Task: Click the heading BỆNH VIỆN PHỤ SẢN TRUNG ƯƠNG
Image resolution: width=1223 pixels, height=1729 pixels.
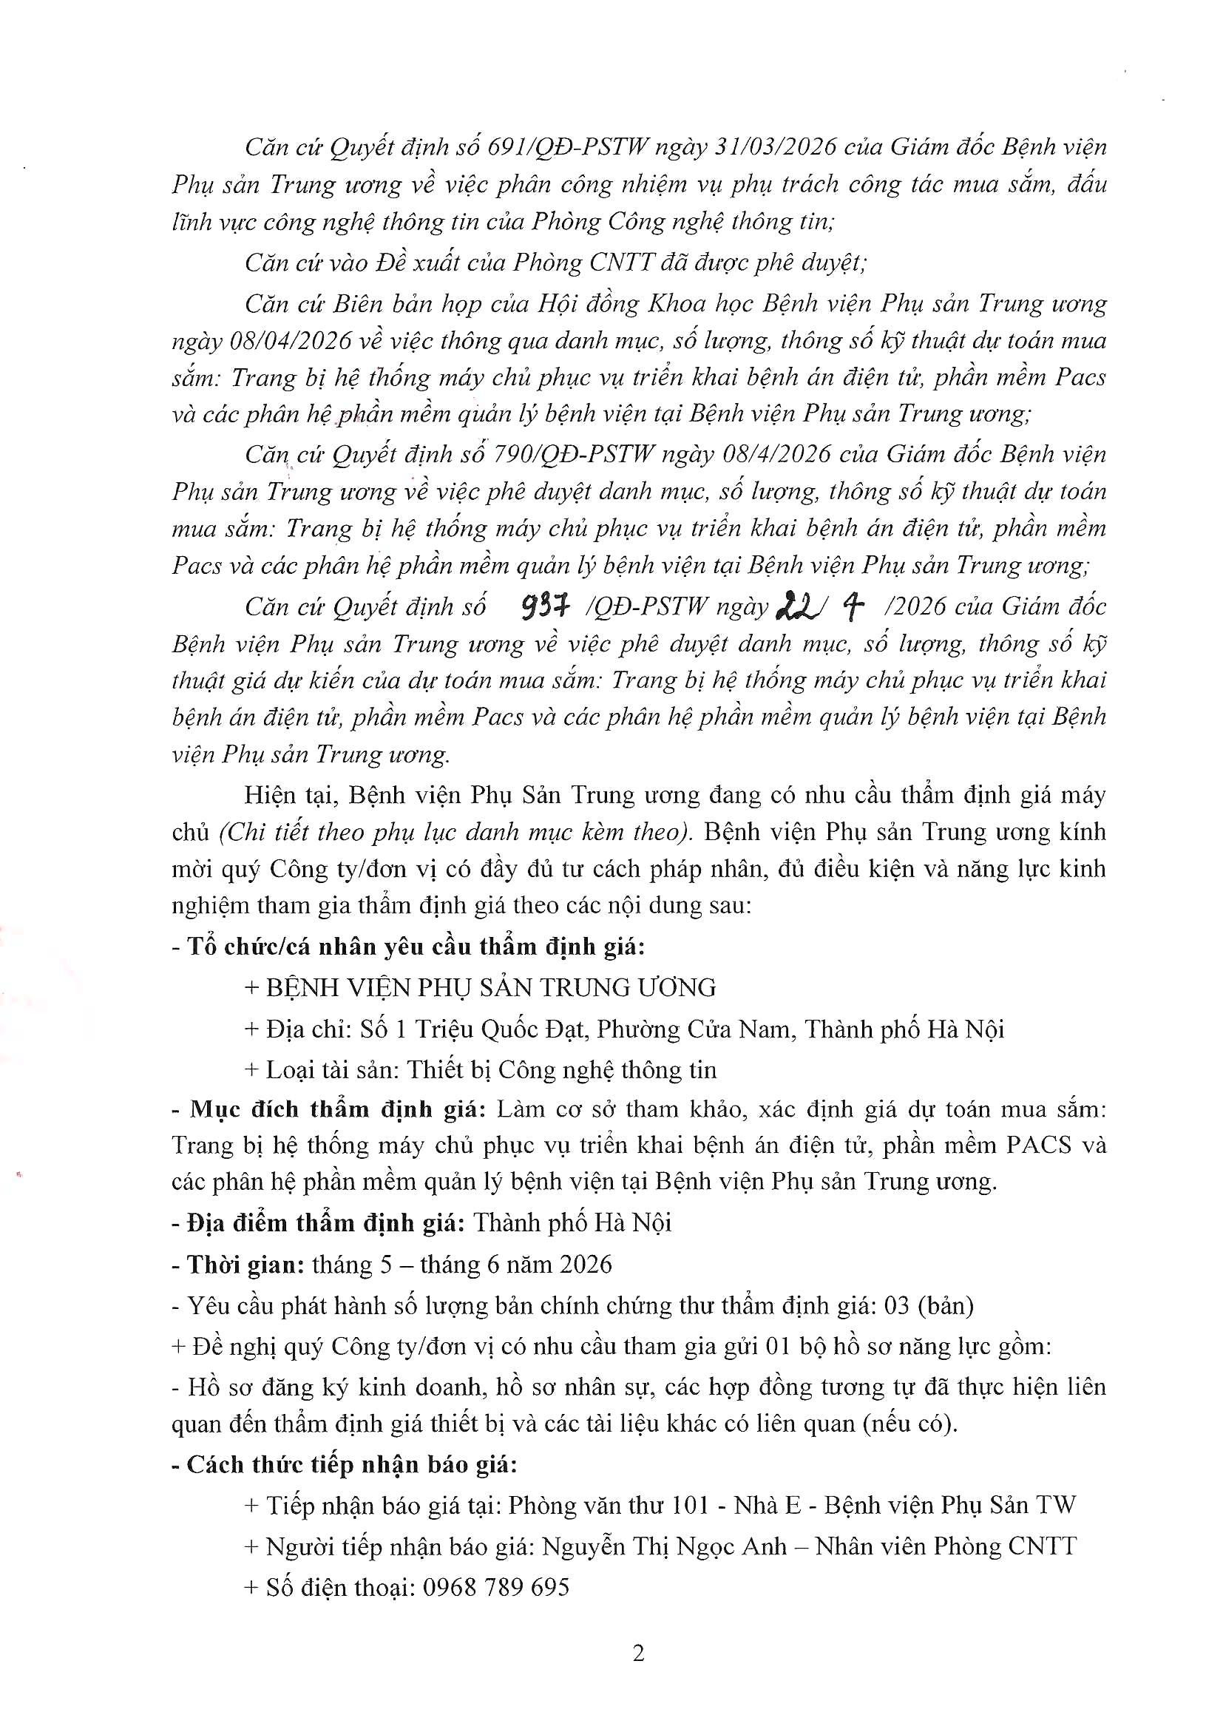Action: (491, 988)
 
